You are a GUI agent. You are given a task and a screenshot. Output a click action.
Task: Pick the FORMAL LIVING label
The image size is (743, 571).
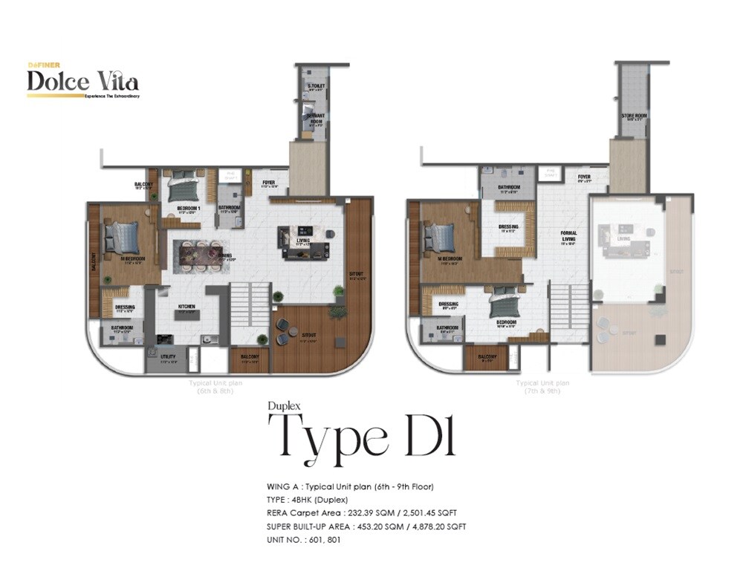pyautogui.click(x=569, y=236)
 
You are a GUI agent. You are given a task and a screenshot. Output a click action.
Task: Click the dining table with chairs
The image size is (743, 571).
pyautogui.click(x=198, y=255)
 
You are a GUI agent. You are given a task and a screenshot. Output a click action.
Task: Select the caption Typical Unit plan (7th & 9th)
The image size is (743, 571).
pyautogui.click(x=543, y=387)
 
